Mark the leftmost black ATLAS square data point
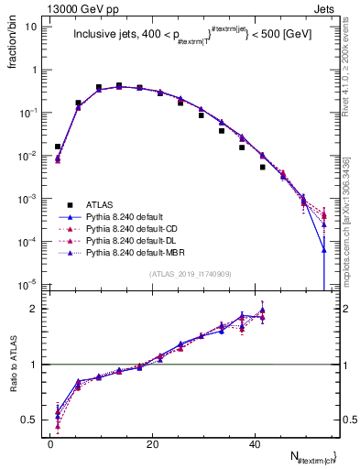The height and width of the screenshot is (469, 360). pos(58,147)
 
